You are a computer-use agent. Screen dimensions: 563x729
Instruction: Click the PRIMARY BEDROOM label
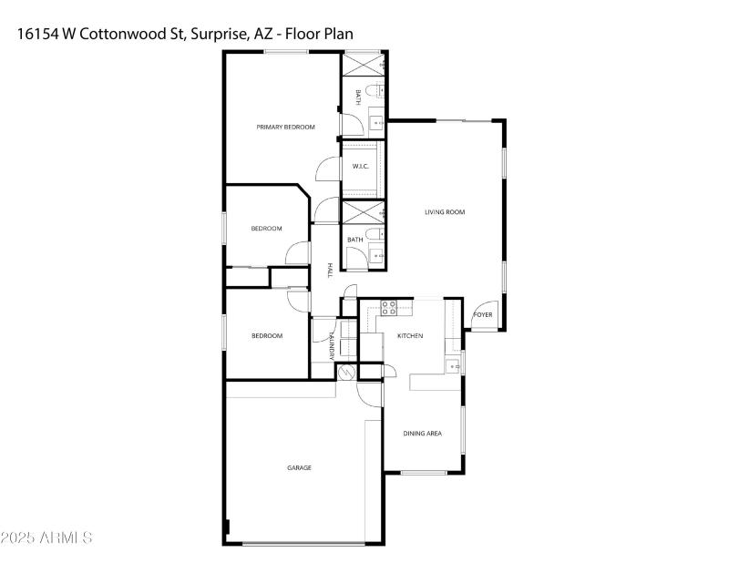[285, 127]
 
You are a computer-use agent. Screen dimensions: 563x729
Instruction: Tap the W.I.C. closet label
[360, 167]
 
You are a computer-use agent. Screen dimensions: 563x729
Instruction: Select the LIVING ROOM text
[445, 212]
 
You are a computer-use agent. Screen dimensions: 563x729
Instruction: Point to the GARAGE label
[300, 467]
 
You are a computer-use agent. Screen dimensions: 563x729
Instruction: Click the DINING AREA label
[422, 434]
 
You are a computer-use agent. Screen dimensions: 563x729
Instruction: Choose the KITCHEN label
[410, 336]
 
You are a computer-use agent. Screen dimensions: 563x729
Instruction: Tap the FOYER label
[482, 315]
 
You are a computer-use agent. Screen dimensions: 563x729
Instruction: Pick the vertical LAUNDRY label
[332, 348]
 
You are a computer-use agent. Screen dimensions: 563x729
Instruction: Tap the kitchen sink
[453, 366]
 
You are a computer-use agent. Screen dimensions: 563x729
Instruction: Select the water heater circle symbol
[346, 373]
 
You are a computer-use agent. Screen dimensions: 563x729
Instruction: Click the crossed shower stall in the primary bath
[362, 66]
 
